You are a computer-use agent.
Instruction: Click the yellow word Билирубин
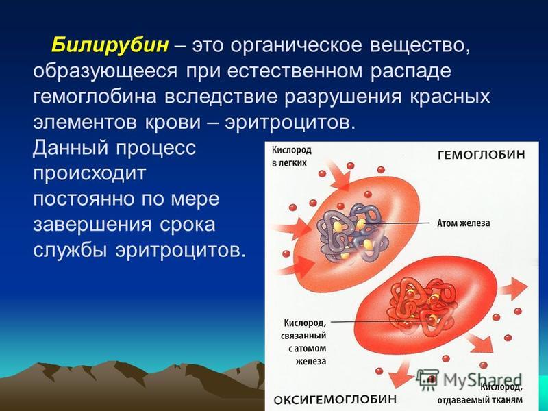pos(110,45)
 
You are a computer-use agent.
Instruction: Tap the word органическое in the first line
pos(296,46)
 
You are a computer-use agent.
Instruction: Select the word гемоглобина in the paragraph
pos(95,97)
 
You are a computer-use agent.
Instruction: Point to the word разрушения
pos(342,97)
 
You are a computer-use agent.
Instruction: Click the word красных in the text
pos(450,97)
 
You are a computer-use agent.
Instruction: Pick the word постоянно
pos(84,199)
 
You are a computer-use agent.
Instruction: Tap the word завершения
pos(92,225)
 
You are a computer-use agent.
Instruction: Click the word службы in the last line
pos(70,249)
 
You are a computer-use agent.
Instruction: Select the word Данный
pos(71,148)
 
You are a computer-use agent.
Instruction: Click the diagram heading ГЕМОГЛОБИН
pos(482,155)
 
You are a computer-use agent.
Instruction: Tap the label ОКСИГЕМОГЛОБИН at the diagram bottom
pos(335,399)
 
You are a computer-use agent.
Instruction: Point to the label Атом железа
pos(464,223)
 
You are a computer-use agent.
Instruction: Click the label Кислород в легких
pos(292,157)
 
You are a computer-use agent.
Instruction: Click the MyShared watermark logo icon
pos(427,380)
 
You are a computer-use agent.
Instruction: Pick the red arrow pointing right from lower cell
pos(513,288)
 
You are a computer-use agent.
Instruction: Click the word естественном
pos(295,72)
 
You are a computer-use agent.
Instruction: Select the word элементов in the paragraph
pos(84,123)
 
